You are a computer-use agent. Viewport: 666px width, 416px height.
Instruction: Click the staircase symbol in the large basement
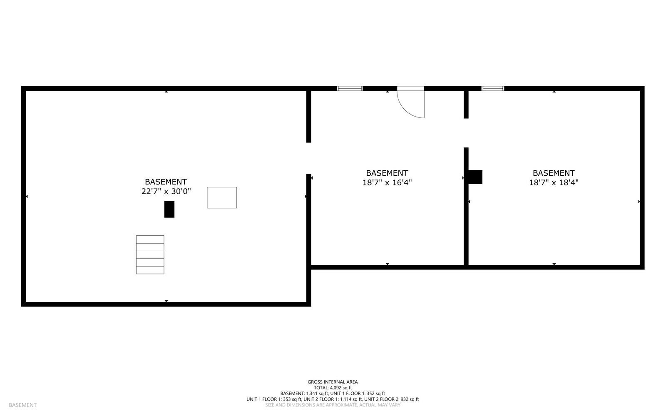coord(150,254)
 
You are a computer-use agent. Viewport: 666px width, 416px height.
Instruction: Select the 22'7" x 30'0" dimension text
coord(166,192)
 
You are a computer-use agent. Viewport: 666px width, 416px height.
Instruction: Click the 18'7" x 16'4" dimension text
coord(387,182)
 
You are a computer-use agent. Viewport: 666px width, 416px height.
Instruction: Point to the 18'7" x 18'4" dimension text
coord(554,182)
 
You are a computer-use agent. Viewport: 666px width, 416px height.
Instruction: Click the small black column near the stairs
coord(169,209)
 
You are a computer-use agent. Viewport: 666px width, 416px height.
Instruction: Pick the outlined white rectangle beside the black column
coord(222,197)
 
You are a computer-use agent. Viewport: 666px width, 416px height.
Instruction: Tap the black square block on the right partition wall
coord(475,177)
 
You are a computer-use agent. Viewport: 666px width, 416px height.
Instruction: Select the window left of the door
coord(350,88)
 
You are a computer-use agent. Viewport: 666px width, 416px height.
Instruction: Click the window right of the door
coord(492,88)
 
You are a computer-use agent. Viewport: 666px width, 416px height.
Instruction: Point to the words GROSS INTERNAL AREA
coord(333,382)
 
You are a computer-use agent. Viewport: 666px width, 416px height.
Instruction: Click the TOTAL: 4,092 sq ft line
coord(333,388)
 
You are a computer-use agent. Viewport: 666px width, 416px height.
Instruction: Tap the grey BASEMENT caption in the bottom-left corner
coord(22,405)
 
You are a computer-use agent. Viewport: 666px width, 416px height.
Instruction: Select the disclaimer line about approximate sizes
coord(333,405)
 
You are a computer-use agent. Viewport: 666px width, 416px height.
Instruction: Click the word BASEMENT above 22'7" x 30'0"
coord(166,182)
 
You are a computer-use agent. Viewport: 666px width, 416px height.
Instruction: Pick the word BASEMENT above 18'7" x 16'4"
coord(387,173)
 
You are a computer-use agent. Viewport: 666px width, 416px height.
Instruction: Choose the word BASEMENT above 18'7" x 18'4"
coord(554,173)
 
